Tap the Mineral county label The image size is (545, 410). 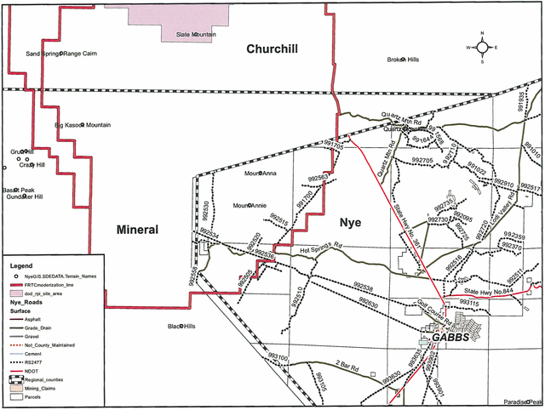tap(137, 230)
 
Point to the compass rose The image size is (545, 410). tap(481, 48)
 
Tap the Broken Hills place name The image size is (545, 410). tap(404, 60)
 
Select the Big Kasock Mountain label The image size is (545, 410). tap(83, 125)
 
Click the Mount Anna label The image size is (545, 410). tap(261, 174)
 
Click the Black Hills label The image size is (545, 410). tap(181, 326)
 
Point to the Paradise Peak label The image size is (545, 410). tap(522, 401)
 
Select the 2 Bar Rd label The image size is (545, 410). tap(347, 366)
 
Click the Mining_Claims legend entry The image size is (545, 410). tap(36, 388)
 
